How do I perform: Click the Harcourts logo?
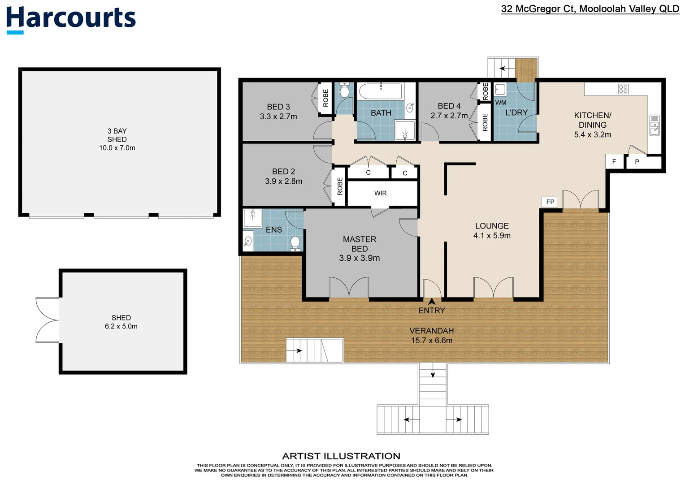[71, 19]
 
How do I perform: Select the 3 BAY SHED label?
[117, 139]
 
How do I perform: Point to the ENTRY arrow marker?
[432, 302]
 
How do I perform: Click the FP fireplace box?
[550, 202]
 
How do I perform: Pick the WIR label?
[380, 193]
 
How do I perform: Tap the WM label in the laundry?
[501, 103]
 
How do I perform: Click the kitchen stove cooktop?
[623, 89]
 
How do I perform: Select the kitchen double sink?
[655, 125]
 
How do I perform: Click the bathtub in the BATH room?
[380, 91]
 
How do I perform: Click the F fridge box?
[614, 162]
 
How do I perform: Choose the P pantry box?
[637, 162]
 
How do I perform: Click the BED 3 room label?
[278, 112]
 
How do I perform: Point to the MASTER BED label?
[360, 244]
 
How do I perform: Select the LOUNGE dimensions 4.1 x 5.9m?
[492, 236]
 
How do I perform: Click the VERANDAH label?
[432, 331]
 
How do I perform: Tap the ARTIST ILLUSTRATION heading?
[341, 456]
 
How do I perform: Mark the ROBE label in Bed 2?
[340, 186]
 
